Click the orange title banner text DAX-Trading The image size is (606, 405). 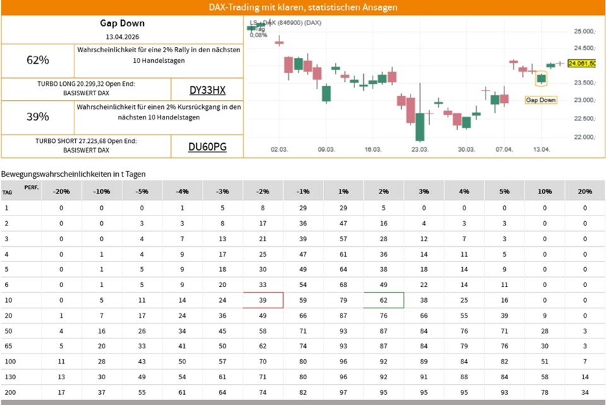click(x=303, y=8)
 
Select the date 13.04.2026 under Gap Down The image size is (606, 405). click(x=122, y=35)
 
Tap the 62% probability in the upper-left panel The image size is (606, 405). click(x=38, y=60)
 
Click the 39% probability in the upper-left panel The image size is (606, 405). click(x=38, y=117)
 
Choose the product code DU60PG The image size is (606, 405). click(x=207, y=147)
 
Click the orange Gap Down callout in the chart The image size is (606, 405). click(x=541, y=100)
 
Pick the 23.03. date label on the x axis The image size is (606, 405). click(x=420, y=149)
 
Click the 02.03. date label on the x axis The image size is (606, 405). click(x=279, y=149)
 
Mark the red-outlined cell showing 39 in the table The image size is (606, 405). click(x=263, y=300)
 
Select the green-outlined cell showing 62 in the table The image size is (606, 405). click(x=383, y=300)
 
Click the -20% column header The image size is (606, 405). click(x=61, y=190)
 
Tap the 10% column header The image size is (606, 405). click(x=544, y=190)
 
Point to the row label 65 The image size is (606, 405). click(x=7, y=346)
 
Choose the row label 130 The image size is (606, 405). click(x=9, y=376)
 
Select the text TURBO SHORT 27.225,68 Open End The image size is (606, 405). click(x=86, y=142)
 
